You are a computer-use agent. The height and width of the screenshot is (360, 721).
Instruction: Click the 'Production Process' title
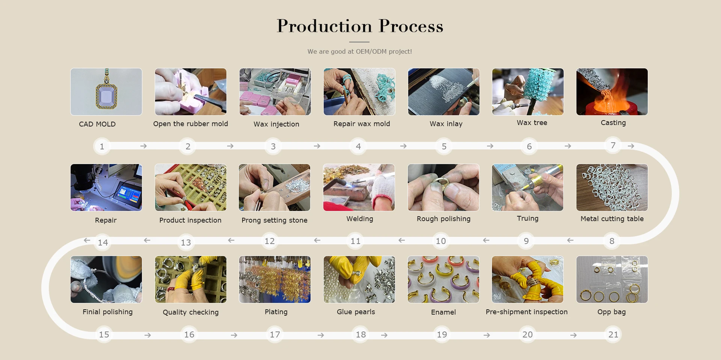(x=360, y=26)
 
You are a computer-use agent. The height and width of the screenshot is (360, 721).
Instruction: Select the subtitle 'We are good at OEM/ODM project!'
(x=360, y=51)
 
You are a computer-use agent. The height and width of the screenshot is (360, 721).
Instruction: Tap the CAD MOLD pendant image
(x=106, y=92)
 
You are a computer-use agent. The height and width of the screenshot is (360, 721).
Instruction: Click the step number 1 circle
(x=102, y=146)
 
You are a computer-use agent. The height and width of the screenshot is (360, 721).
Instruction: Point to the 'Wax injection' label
(x=276, y=124)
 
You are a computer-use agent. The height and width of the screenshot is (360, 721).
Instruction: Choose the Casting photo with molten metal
(x=612, y=92)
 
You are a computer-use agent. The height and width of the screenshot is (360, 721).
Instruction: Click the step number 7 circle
(x=613, y=145)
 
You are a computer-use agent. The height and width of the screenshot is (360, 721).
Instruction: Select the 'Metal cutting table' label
(x=612, y=219)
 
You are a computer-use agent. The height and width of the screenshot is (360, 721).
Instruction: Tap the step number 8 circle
(x=612, y=241)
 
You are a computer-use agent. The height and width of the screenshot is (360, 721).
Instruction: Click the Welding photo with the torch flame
(x=359, y=187)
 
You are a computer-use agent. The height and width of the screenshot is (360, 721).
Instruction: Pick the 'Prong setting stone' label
(x=275, y=220)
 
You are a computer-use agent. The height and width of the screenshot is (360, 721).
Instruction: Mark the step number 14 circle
(x=103, y=243)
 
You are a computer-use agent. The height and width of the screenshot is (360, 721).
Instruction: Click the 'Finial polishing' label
(x=107, y=312)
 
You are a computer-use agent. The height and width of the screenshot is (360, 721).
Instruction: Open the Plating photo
(x=275, y=279)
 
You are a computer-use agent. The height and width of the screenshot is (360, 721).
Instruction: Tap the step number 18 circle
(x=361, y=334)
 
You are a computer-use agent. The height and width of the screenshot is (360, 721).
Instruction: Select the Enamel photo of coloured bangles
(x=443, y=279)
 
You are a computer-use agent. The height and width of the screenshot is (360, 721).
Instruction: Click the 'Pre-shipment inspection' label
(x=526, y=312)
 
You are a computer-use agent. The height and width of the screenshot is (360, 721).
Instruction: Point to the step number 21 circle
(x=613, y=334)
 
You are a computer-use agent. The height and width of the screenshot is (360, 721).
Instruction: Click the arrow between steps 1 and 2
(x=143, y=146)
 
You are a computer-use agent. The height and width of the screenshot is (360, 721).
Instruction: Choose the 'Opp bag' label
(x=612, y=312)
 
